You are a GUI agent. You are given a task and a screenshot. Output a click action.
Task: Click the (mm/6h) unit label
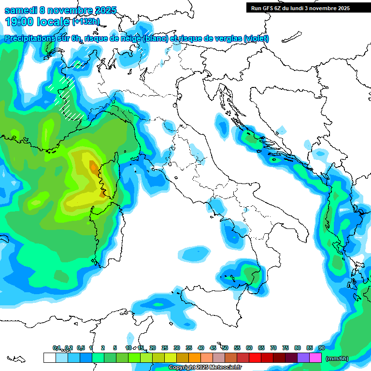pos(337,358)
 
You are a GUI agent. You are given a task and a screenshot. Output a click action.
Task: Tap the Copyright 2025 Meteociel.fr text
pos(205,368)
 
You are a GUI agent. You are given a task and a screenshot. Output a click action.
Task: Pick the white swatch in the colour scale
pos(49,358)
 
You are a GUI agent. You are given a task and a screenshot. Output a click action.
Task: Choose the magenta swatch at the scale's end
pos(315,358)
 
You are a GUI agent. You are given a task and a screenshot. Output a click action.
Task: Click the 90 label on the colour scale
pos(321,348)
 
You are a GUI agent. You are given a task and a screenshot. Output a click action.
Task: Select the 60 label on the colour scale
pos(249,348)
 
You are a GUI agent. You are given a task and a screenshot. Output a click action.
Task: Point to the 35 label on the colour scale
pos(189,348)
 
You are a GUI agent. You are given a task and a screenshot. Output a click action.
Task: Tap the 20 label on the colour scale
pos(153,348)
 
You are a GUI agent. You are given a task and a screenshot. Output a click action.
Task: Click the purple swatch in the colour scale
pos(303,358)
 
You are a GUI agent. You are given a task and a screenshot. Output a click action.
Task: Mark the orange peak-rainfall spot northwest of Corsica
pos(93,167)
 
